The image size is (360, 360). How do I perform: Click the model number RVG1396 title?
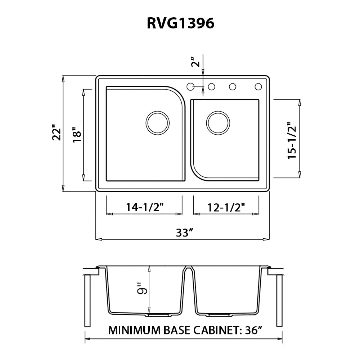click(x=181, y=23)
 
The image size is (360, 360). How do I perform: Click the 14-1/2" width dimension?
click(x=145, y=207)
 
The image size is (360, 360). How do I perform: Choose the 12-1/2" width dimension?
click(x=226, y=207)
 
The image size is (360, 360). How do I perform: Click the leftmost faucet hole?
click(x=191, y=86)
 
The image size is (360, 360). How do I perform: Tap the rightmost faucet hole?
click(x=258, y=86)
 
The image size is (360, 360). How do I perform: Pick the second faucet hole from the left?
click(x=212, y=86)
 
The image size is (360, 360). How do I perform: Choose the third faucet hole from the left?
click(x=233, y=86)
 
